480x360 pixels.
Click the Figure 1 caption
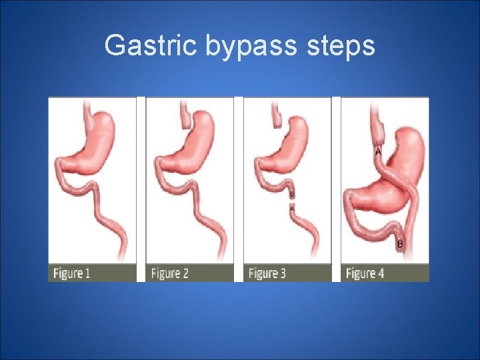(x=71, y=273)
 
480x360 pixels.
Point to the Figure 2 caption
(x=169, y=273)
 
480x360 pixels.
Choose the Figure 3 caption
(x=267, y=273)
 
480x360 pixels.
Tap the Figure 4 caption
(x=365, y=273)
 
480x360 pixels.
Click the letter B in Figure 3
(x=291, y=194)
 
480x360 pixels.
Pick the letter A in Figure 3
(x=291, y=207)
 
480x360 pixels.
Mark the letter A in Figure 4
(x=378, y=152)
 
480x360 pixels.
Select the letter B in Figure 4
(x=399, y=244)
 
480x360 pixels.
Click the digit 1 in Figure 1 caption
(x=87, y=273)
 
